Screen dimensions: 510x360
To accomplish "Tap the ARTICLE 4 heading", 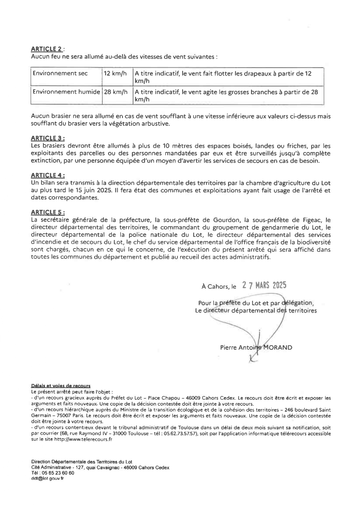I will pos(48,175).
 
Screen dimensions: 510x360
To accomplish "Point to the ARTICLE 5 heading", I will pos(48,212).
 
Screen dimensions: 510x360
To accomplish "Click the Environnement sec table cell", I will pos(60,74).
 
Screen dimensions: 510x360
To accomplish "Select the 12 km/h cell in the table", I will pos(115,74).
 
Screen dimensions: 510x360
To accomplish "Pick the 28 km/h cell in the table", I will pos(116,92).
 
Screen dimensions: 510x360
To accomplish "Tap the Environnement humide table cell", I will pos(66,92).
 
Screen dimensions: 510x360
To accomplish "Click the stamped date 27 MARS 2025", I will pos(264,285).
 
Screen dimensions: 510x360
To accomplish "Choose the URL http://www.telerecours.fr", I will pos(83,439).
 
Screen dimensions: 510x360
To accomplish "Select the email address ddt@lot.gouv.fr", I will pos(47,478).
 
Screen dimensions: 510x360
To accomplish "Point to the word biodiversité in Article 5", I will pos(313,242).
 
